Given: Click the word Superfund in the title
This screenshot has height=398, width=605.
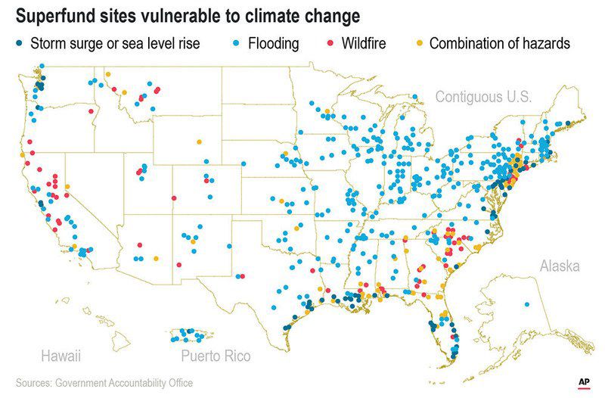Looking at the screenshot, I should pos(56,15).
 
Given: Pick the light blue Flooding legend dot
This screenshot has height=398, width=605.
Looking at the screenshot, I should pos(231,44).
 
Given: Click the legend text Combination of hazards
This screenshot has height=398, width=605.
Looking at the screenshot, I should pos(499,44).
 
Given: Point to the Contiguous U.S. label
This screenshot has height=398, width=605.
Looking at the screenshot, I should pos(483,97).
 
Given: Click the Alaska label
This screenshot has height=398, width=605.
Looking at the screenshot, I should pos(560,266).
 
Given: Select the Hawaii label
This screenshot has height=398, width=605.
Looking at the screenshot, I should pos(60,356).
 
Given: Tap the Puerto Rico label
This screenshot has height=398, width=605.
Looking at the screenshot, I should pos(216,356).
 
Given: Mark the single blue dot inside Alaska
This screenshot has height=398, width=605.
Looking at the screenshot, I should pos(527,304).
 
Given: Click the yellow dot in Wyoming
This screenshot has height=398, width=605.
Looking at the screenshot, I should pos(199,141).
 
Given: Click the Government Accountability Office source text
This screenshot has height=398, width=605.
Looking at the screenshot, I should pos(124,383).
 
